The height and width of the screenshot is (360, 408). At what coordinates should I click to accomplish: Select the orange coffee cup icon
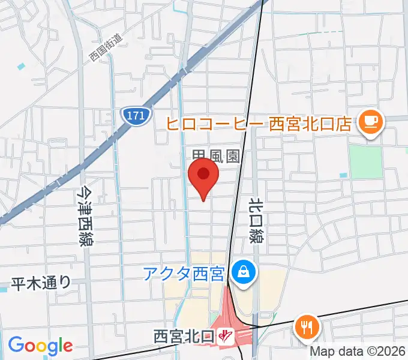pyautogui.click(x=368, y=123)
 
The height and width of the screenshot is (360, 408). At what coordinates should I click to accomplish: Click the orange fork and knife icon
pyautogui.click(x=307, y=327)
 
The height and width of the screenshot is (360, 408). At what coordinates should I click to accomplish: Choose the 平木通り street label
pyautogui.click(x=41, y=283)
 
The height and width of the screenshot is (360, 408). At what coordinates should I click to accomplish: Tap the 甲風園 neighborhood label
pyautogui.click(x=216, y=157)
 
